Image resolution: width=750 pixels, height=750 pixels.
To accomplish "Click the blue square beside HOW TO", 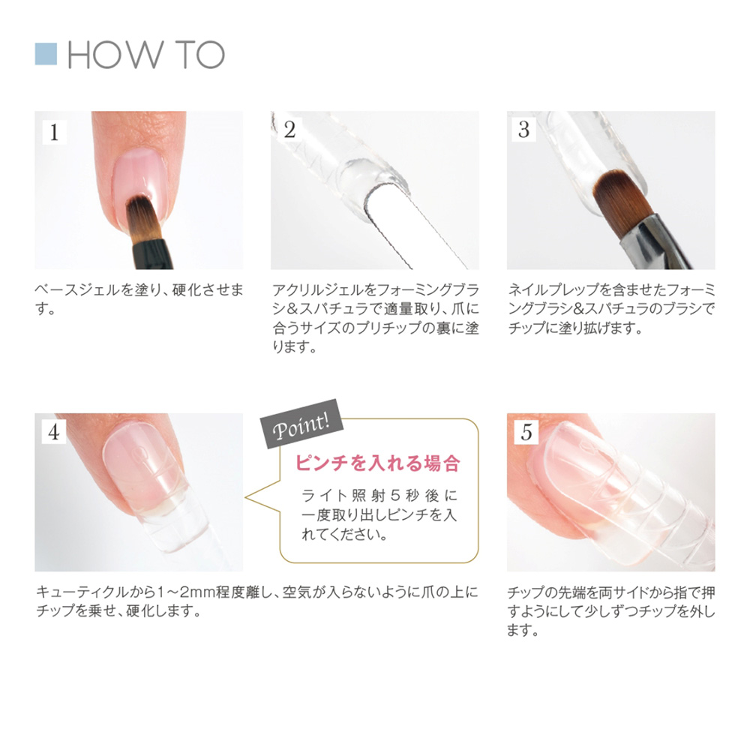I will tap(46, 54).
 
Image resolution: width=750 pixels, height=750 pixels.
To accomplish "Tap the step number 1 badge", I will tap(53, 132).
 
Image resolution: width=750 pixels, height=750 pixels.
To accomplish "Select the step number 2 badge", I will tap(289, 130).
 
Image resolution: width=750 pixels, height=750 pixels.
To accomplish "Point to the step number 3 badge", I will tap(524, 130).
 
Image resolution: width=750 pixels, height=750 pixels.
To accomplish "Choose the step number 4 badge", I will tap(53, 432).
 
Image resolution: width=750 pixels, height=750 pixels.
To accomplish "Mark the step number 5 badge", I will tap(526, 432).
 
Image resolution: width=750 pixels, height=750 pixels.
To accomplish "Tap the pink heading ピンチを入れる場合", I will tap(377, 463).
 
